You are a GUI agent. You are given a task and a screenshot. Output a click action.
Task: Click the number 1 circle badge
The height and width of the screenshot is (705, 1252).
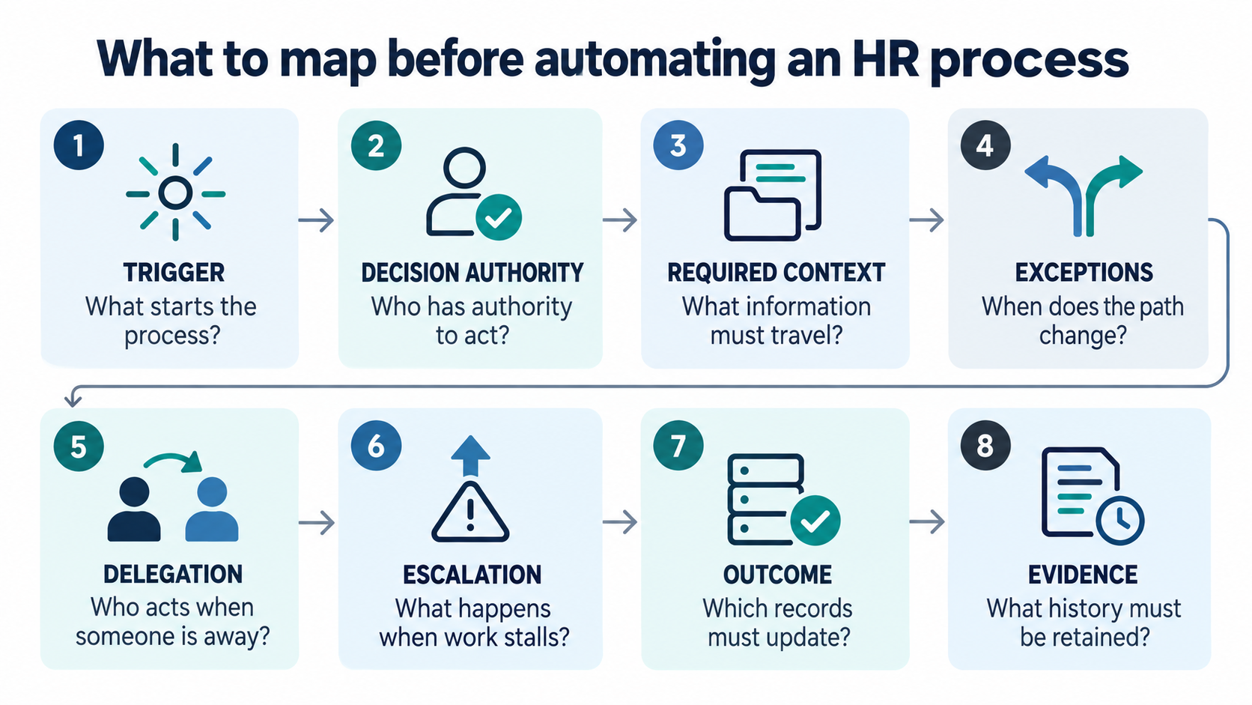click(79, 145)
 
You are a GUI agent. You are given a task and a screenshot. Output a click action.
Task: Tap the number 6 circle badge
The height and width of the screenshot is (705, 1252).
click(376, 446)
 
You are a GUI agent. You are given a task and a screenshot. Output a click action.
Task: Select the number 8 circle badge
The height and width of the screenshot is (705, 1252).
click(985, 446)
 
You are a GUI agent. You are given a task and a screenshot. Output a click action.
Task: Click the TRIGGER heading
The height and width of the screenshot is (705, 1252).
click(174, 273)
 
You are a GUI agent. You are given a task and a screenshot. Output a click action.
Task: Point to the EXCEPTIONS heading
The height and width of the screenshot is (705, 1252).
click(1084, 273)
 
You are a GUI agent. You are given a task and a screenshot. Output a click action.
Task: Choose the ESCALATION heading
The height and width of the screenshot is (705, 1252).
click(472, 575)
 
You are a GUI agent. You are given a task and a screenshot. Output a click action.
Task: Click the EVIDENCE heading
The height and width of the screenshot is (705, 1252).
click(1084, 575)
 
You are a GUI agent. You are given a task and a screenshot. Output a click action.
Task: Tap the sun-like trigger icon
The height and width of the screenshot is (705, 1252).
click(175, 193)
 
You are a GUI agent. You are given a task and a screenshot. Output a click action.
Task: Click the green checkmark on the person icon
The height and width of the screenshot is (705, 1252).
click(499, 217)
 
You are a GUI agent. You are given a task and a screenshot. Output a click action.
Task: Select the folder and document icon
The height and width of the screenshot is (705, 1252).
click(773, 195)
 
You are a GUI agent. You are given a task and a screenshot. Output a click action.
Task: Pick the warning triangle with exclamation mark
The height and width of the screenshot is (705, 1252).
click(470, 512)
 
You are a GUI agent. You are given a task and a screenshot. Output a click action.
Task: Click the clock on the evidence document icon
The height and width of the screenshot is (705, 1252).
click(1120, 521)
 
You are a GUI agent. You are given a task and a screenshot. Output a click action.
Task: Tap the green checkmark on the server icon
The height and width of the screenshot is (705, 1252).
click(815, 521)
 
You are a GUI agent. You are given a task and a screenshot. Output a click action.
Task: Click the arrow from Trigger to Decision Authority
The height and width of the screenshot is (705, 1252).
click(316, 220)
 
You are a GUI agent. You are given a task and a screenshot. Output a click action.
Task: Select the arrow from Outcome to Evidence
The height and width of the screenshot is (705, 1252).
click(927, 521)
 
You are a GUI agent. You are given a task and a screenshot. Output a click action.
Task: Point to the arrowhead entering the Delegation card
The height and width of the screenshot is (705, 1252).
click(73, 400)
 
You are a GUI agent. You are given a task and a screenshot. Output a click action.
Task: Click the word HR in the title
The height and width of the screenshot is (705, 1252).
click(885, 58)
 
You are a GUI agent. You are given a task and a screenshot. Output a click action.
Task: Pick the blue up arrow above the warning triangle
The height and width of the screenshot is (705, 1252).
click(470, 455)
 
